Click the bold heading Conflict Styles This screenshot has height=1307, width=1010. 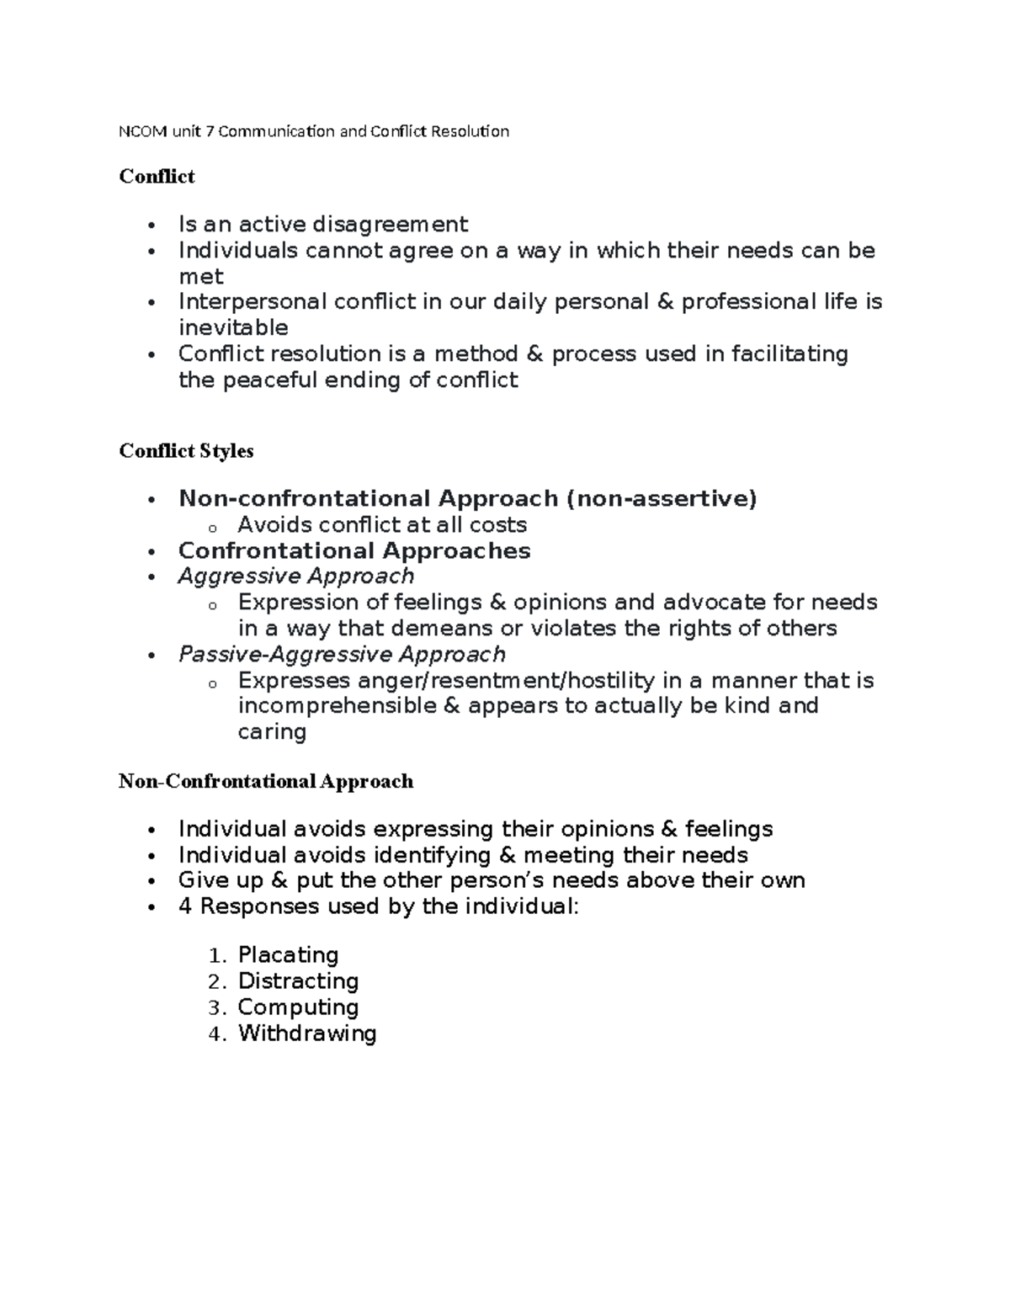(x=186, y=451)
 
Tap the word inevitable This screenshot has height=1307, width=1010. (x=233, y=327)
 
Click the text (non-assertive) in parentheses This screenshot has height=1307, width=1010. (x=662, y=499)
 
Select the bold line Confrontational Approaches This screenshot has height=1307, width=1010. (x=354, y=551)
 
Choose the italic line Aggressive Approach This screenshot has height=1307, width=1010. (x=295, y=576)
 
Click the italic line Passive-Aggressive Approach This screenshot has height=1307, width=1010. (x=342, y=655)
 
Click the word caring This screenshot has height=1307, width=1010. (x=271, y=731)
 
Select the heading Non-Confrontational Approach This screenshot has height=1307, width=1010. (x=266, y=782)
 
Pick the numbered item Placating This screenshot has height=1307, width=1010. (x=288, y=955)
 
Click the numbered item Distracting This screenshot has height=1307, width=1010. (x=298, y=981)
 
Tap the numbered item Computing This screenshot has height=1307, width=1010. (x=298, y=1007)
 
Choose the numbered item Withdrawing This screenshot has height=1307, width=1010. (x=306, y=1033)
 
